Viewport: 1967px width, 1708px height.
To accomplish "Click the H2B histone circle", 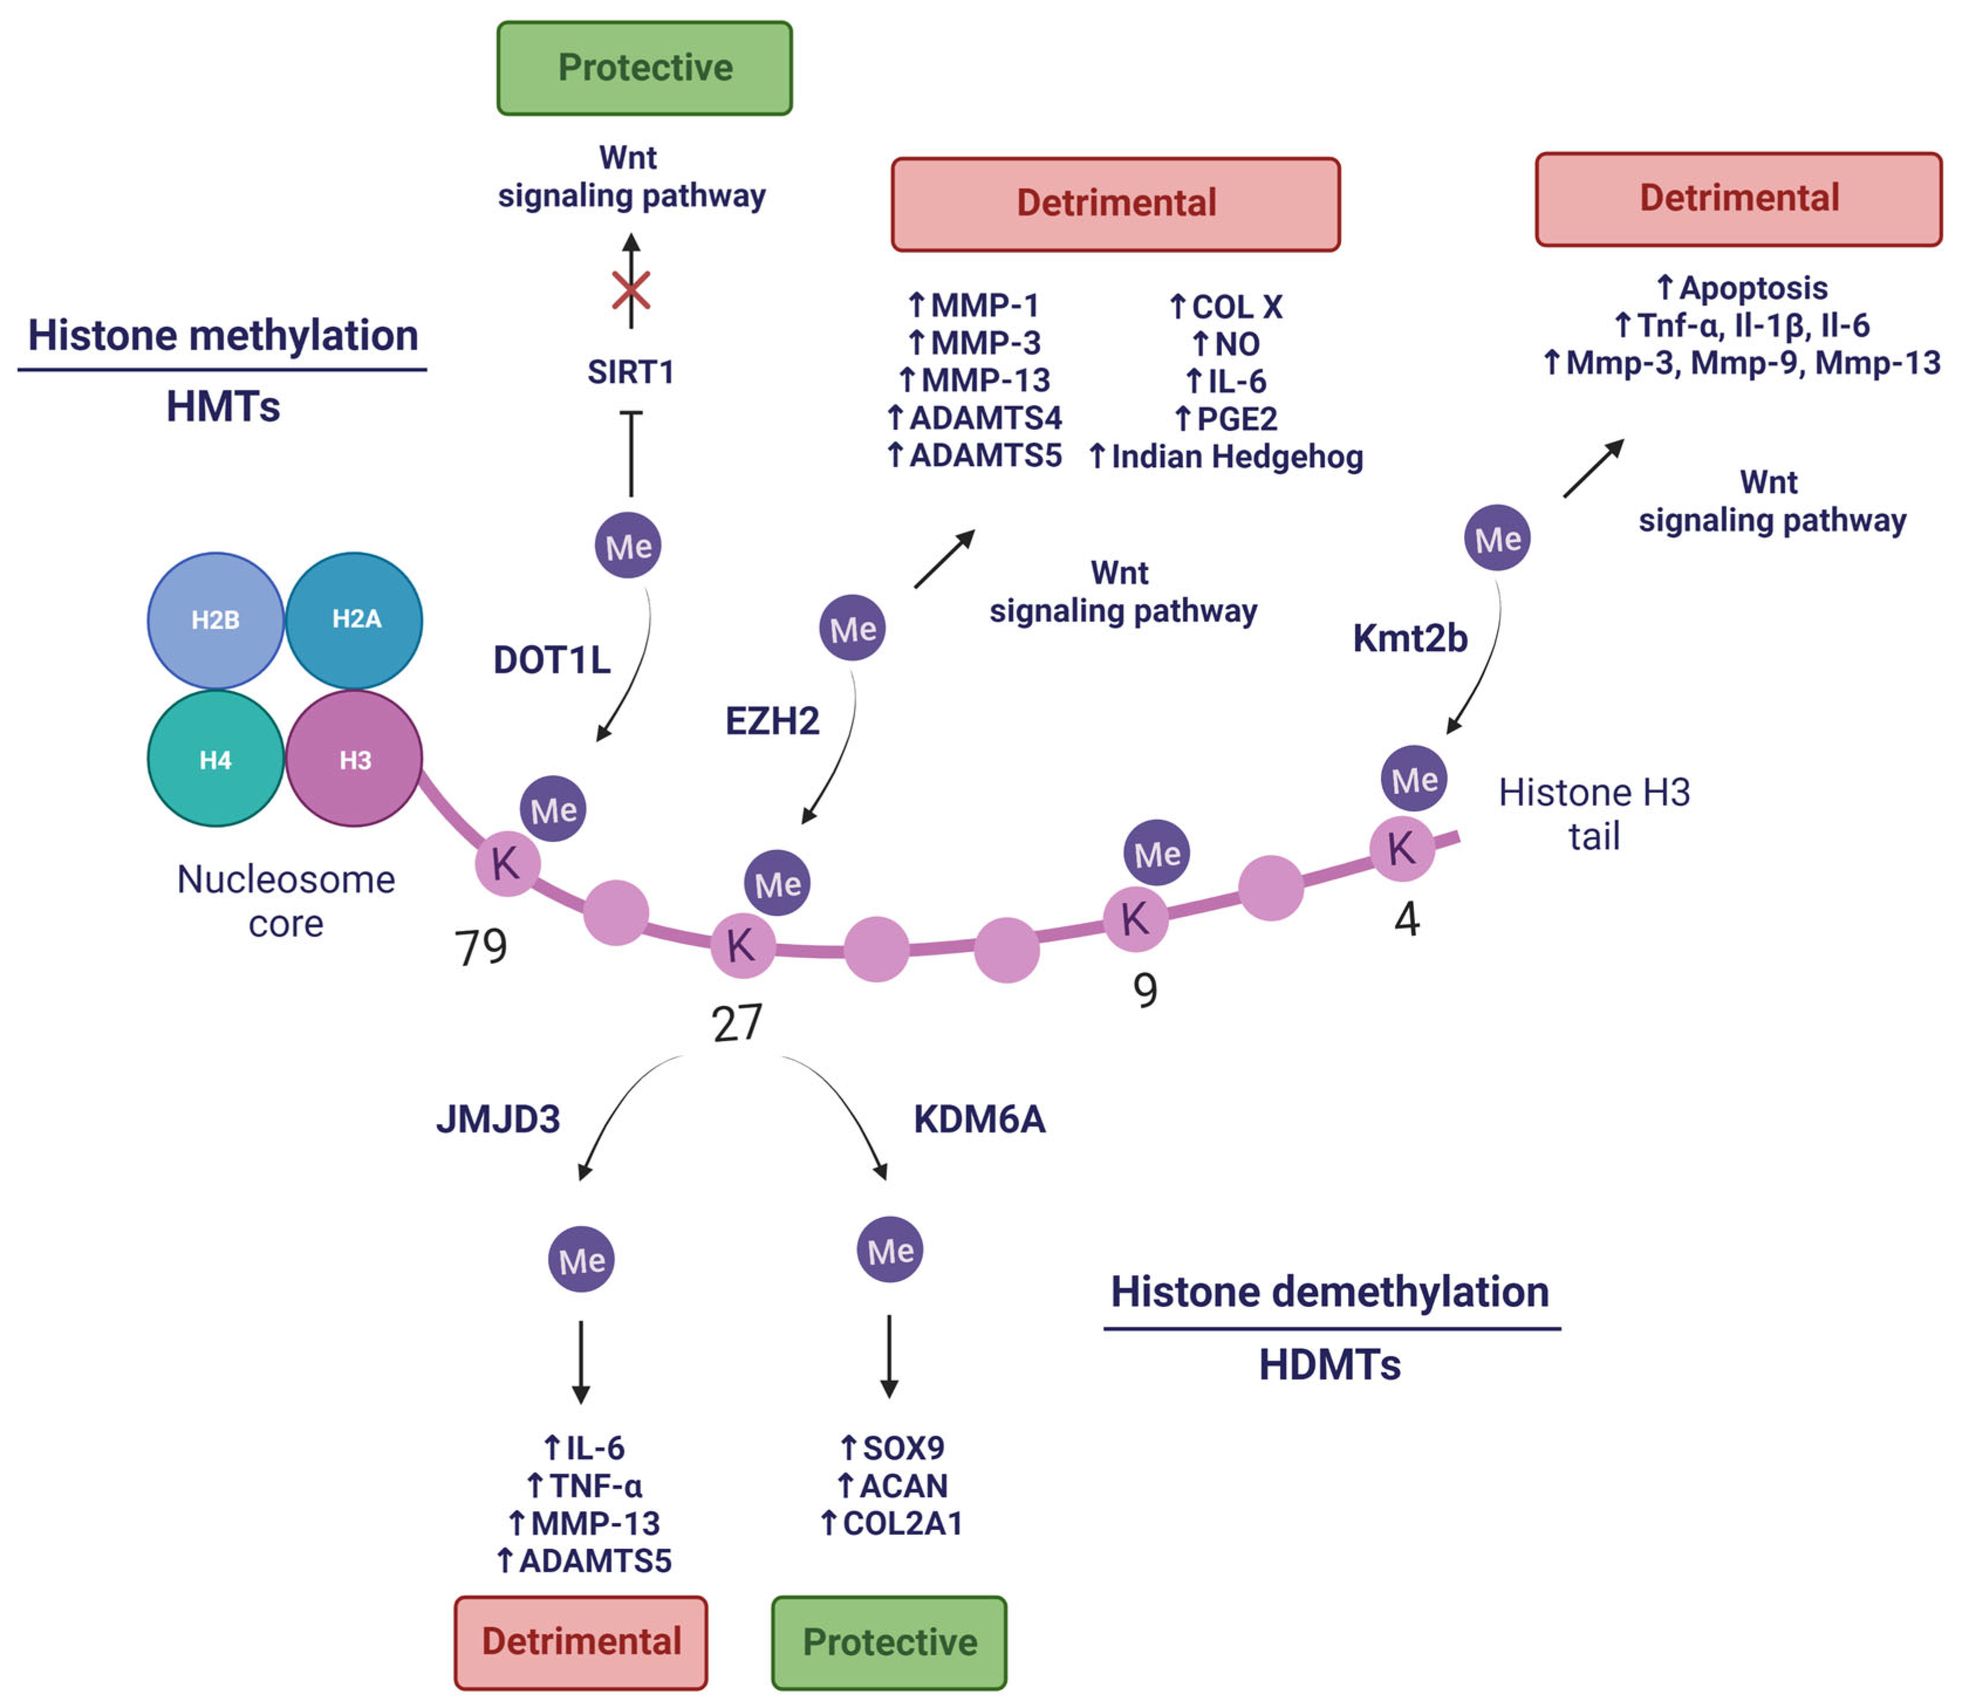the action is [x=215, y=621].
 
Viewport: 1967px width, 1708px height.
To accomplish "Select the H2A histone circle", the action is [x=355, y=621].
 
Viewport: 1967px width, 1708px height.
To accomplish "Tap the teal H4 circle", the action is [x=215, y=759].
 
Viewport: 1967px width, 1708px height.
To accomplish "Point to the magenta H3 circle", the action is [x=355, y=759].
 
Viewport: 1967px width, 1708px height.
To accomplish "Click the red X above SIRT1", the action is [x=631, y=290].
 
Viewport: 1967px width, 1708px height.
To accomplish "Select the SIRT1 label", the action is [x=631, y=372].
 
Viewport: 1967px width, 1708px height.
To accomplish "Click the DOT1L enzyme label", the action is [x=552, y=659].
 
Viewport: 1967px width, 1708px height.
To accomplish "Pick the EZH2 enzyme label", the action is [x=773, y=721].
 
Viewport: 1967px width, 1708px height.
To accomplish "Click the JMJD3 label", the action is [x=498, y=1119].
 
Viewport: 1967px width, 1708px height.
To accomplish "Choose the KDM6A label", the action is [x=979, y=1119].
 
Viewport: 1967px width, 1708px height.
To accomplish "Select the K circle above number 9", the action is [x=1136, y=919].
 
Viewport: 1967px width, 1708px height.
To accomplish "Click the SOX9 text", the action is [x=903, y=1448].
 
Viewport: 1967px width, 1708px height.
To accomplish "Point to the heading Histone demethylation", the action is [x=1331, y=1292].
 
